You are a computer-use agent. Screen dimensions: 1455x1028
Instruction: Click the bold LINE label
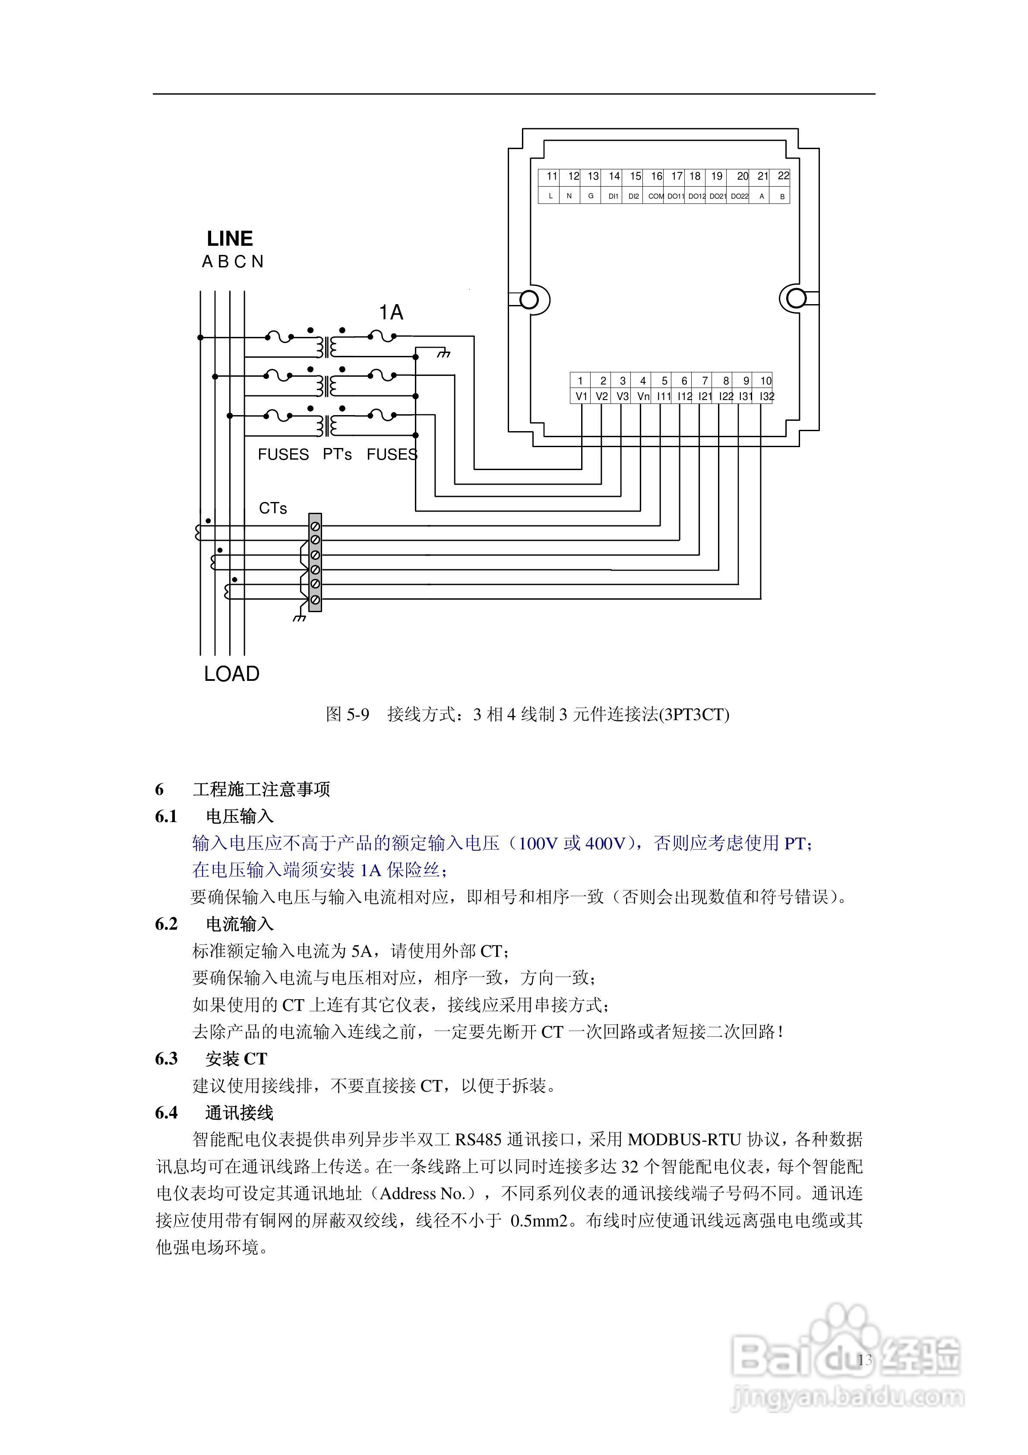(230, 239)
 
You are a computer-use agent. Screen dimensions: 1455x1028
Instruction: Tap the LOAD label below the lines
(232, 673)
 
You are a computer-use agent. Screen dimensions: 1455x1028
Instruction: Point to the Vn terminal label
(643, 397)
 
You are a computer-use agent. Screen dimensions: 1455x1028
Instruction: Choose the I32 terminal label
(766, 397)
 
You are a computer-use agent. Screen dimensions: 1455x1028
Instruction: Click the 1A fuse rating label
(392, 312)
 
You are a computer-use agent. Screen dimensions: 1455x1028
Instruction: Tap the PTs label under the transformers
(337, 454)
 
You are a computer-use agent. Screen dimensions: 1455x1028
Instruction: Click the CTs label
(273, 508)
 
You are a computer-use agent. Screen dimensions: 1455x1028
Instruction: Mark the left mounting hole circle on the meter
(529, 299)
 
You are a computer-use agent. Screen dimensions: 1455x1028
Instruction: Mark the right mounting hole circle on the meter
(796, 299)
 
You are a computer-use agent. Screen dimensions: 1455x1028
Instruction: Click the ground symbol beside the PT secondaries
(444, 353)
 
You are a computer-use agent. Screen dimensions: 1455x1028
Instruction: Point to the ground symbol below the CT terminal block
(299, 616)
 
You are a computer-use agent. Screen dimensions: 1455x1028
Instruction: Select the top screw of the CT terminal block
(315, 526)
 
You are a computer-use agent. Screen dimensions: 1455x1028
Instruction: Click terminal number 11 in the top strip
(552, 176)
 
